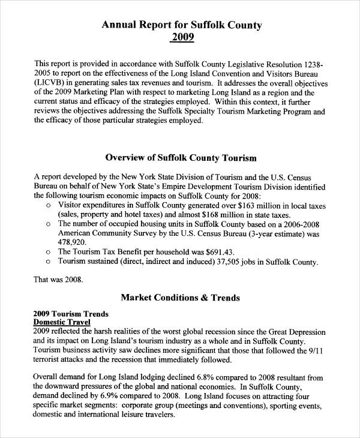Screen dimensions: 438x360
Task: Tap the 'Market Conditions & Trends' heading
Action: (x=181, y=297)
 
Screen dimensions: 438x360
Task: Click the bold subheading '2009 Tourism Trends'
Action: (x=71, y=313)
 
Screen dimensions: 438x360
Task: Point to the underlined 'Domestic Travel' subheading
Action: (x=62, y=322)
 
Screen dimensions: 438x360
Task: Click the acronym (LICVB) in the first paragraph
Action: (x=52, y=83)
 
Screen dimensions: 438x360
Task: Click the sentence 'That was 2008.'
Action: (x=58, y=279)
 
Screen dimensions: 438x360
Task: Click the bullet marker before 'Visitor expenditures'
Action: (x=48, y=205)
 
